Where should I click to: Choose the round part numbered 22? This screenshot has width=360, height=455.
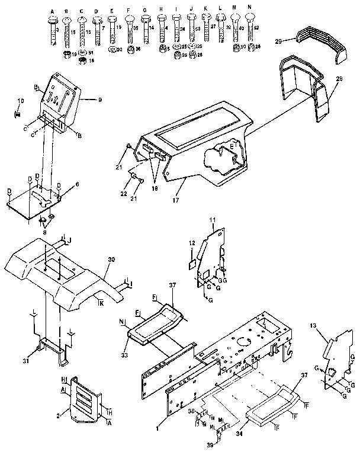(x=134, y=178)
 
